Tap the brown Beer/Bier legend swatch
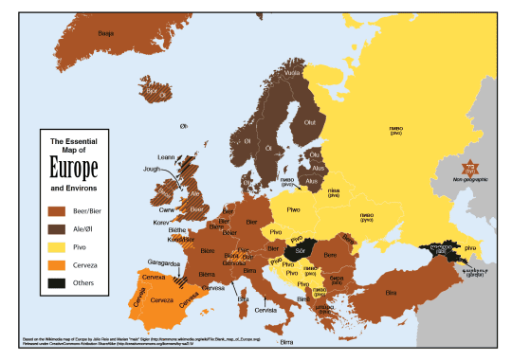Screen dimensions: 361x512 point(56,210)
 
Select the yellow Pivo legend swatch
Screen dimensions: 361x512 point(56,245)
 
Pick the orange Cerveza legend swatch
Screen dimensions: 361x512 point(56,263)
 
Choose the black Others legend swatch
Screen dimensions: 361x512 point(56,281)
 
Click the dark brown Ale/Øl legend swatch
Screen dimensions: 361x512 point(56,227)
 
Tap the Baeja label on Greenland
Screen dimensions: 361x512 point(106,30)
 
